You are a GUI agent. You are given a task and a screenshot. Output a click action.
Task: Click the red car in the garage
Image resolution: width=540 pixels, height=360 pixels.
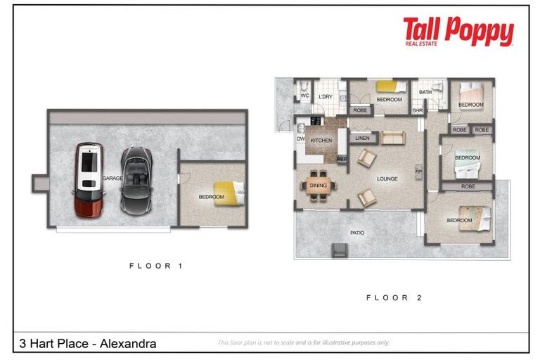click(89, 179)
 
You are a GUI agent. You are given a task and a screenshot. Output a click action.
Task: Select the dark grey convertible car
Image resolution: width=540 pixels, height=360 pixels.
click(134, 180)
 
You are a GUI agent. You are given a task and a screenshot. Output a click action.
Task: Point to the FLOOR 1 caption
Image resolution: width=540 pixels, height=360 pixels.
click(155, 266)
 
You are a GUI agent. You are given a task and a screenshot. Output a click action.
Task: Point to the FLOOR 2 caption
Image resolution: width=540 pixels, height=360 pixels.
click(393, 297)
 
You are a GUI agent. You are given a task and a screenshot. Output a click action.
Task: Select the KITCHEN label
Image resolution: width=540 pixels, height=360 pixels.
click(321, 141)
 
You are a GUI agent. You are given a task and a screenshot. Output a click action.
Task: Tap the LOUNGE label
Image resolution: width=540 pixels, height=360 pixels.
click(387, 179)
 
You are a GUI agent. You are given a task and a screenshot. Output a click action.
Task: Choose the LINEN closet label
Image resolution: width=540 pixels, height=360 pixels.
click(363, 138)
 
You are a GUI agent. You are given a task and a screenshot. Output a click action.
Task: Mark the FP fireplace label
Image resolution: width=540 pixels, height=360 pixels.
click(418, 172)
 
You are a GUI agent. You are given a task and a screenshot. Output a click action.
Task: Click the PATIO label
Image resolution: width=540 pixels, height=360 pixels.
click(357, 232)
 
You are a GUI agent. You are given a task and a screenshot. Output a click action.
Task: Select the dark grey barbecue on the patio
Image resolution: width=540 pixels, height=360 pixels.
click(339, 249)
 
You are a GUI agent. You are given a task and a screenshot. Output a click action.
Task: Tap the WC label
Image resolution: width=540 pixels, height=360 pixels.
click(304, 96)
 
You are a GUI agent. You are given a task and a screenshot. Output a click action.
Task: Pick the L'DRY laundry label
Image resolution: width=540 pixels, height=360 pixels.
click(325, 96)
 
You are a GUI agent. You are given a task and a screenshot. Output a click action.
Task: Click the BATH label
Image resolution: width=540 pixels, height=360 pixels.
click(425, 92)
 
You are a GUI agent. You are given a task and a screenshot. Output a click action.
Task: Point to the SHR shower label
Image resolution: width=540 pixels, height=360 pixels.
click(417, 110)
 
